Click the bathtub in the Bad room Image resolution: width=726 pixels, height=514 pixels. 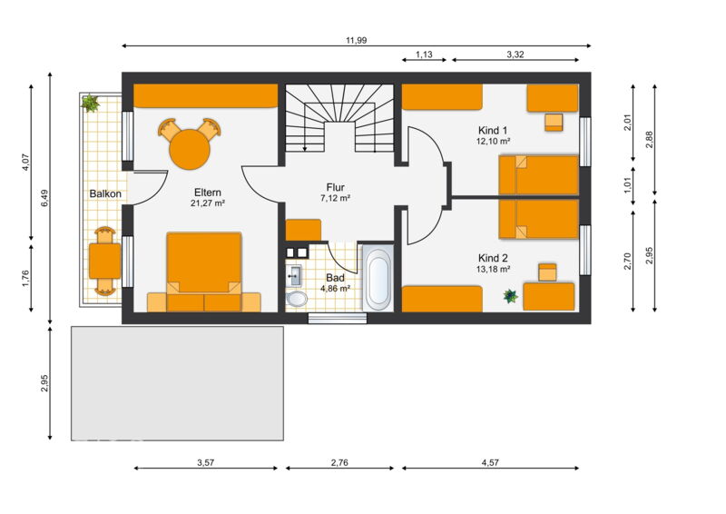[378, 279]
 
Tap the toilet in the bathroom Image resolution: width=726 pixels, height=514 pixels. [297, 299]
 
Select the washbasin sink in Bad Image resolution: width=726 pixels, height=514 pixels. [293, 275]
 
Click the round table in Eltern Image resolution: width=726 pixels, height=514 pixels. [190, 150]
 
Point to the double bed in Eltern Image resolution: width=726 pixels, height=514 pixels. [203, 272]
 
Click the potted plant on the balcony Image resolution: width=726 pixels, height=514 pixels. [90, 103]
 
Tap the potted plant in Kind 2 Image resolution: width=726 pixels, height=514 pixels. [511, 296]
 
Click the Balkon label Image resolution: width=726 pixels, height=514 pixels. [105, 193]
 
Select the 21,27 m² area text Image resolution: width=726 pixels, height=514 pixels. [208, 203]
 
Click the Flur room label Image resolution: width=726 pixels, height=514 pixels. [335, 187]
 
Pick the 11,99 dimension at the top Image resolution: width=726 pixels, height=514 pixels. [356, 40]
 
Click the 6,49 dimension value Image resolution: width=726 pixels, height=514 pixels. [44, 198]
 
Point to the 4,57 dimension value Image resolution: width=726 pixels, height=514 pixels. [490, 462]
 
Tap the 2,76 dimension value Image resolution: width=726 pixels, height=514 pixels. [339, 462]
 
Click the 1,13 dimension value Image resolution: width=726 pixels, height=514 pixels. [424, 54]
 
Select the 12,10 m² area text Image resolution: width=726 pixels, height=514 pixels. [493, 142]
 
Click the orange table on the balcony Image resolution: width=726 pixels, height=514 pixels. [105, 261]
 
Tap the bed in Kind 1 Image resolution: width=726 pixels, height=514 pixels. [539, 174]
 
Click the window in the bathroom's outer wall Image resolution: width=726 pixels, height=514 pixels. [338, 318]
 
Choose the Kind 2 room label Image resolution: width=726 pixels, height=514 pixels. [493, 258]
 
